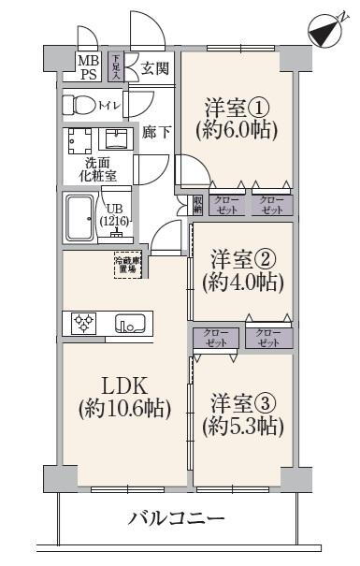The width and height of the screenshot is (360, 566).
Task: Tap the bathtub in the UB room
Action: click(78, 218)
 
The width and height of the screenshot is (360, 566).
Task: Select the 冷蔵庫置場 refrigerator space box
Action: click(126, 264)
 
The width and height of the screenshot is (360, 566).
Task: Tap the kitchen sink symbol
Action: click(130, 324)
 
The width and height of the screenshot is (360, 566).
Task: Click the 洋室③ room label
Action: click(242, 405)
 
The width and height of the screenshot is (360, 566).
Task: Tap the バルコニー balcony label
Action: click(177, 518)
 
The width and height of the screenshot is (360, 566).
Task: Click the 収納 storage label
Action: click(198, 203)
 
